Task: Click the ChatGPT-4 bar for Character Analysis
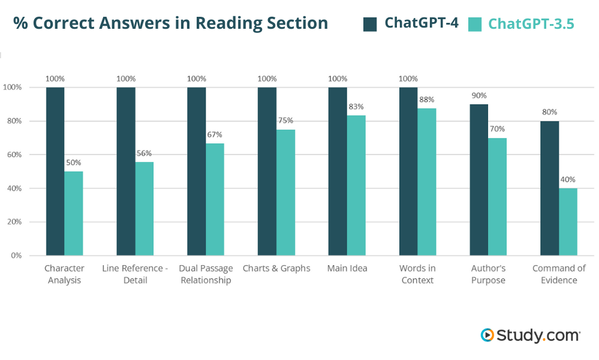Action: [55, 171]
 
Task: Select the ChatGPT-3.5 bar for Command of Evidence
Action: [568, 222]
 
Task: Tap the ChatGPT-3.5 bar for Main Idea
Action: [356, 185]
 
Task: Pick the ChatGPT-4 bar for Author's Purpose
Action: [479, 180]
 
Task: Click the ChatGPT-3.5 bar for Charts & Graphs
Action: [285, 192]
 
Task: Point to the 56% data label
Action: [144, 153]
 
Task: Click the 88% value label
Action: [427, 100]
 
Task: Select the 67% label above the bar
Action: [215, 134]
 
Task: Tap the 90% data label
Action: [479, 95]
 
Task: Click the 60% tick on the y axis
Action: [13, 155]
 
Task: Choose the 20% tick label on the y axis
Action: [13, 222]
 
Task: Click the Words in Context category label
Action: [417, 274]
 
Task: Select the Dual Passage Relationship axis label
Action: [206, 274]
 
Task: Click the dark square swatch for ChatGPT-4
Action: [370, 24]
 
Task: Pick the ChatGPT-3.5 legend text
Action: [531, 24]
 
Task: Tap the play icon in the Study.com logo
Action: [487, 335]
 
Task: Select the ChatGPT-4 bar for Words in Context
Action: [408, 171]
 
